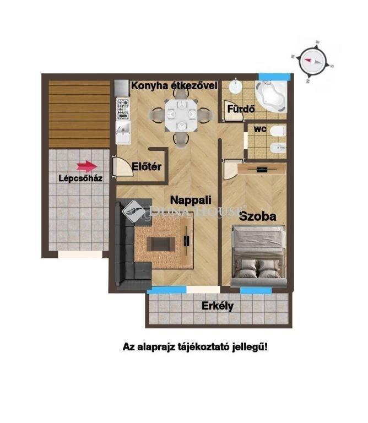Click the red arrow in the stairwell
click(86, 166)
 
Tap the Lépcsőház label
click(80, 178)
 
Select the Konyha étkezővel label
click(174, 86)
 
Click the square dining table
click(181, 115)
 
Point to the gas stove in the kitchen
click(123, 109)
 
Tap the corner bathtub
click(271, 96)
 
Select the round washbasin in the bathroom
click(236, 86)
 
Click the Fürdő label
click(241, 109)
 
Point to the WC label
click(260, 129)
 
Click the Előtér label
click(147, 166)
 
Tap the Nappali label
click(191, 200)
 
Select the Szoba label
click(258, 216)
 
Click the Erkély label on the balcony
click(218, 306)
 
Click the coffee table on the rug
click(161, 244)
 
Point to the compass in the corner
click(313, 61)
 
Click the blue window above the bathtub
click(275, 77)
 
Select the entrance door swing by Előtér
click(123, 167)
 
